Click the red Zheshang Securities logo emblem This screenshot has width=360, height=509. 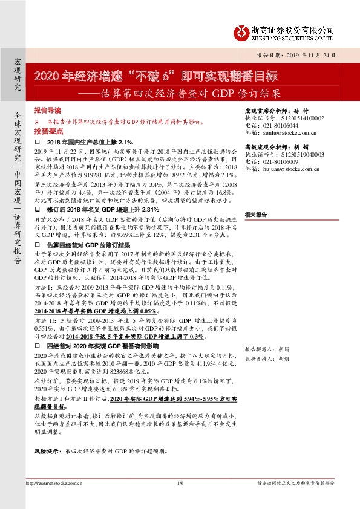(x=243, y=31)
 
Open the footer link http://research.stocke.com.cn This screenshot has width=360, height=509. (x=54, y=483)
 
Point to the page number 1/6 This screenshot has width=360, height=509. (x=180, y=483)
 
